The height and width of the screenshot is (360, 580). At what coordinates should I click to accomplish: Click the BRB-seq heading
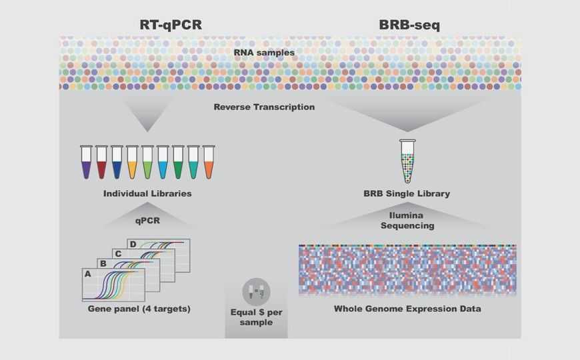pos(408,25)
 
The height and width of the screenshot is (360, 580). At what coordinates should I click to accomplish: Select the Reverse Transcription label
pos(265,107)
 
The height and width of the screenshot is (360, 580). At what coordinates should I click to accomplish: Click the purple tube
pos(86,163)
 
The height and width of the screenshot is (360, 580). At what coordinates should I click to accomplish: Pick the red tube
pos(101,163)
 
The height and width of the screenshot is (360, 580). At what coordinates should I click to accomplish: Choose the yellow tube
pos(132,163)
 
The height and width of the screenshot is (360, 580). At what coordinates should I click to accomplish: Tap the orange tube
pos(209,163)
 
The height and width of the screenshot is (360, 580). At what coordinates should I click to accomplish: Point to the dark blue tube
pos(117,163)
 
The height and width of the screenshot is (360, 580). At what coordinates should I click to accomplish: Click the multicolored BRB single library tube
pos(407,161)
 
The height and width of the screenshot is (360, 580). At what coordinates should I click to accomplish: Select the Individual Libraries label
pos(147,194)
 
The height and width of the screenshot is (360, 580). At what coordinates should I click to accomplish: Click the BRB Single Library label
pos(407,194)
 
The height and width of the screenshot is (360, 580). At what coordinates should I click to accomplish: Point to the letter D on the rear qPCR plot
pos(133,245)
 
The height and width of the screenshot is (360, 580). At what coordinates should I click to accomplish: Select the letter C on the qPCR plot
pos(118,254)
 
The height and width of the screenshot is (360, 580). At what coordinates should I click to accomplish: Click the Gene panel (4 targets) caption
pos(139,309)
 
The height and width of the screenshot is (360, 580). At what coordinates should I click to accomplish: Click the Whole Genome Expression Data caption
pos(407,309)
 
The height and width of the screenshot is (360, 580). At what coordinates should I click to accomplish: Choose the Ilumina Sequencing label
pos(407,221)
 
